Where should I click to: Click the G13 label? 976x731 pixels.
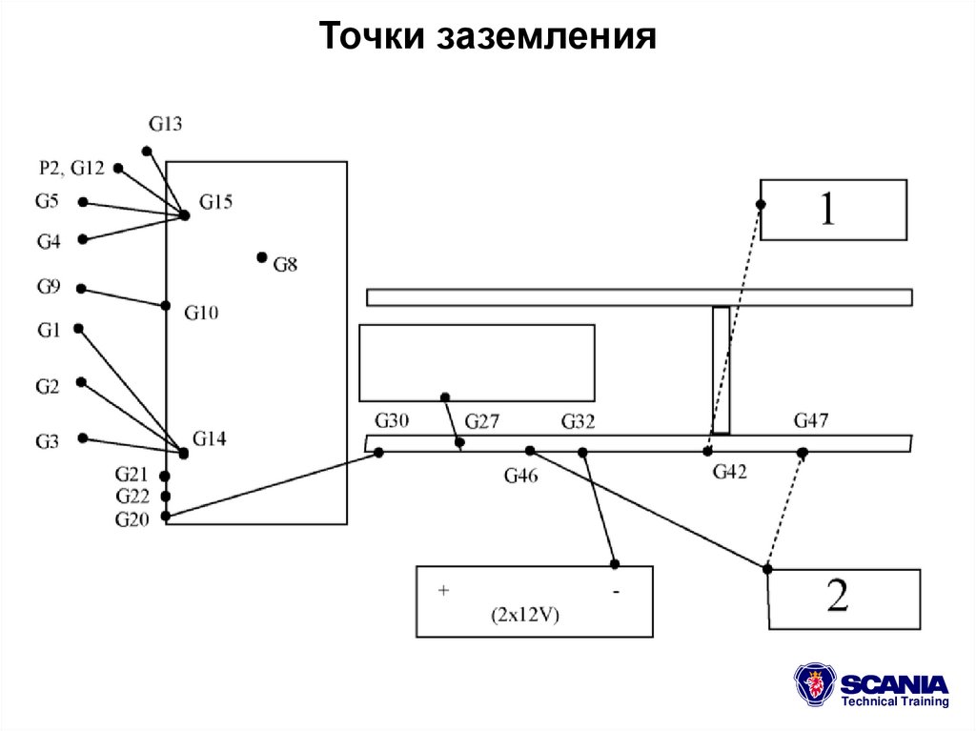165,123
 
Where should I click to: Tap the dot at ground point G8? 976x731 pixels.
262,257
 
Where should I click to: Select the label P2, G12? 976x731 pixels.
71,168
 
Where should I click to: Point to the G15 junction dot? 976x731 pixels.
185,215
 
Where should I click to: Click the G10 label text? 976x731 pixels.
202,312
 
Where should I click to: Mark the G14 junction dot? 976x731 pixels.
183,454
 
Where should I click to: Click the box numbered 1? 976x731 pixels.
832,210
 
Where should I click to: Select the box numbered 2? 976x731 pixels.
844,599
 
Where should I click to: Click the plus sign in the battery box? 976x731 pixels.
443,591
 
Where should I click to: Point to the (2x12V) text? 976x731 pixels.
526,615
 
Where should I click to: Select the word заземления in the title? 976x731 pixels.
547,37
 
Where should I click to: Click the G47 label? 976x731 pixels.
811,420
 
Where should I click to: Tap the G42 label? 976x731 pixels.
729,470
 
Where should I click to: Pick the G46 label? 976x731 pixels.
520,476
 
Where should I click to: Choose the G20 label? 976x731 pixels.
132,519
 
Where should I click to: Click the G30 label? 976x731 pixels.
392,421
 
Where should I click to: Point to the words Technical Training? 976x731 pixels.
894,701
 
